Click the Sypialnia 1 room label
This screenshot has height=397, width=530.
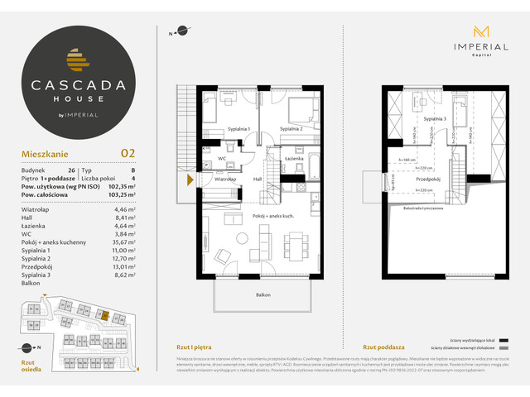[x=238, y=129]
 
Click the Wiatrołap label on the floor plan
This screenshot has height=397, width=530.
[x=226, y=179]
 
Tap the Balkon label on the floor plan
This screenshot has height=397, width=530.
[x=263, y=294]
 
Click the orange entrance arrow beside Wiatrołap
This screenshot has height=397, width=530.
[x=190, y=179]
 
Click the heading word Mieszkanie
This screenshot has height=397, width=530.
[x=45, y=153]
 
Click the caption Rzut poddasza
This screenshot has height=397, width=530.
[x=383, y=347]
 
